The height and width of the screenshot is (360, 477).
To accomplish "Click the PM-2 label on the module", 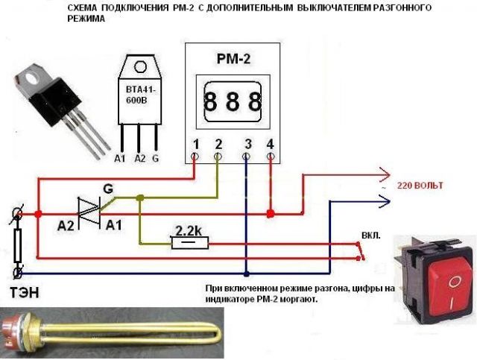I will [x=233, y=58].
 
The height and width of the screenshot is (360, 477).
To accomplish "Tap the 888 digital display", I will [x=233, y=101].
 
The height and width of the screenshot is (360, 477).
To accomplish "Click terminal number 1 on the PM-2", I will [x=195, y=144].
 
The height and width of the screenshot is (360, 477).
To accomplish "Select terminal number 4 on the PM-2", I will [x=270, y=144].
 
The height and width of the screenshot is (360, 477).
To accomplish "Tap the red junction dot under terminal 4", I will [x=271, y=212].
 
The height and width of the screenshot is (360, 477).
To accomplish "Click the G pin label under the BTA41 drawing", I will [x=156, y=159].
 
